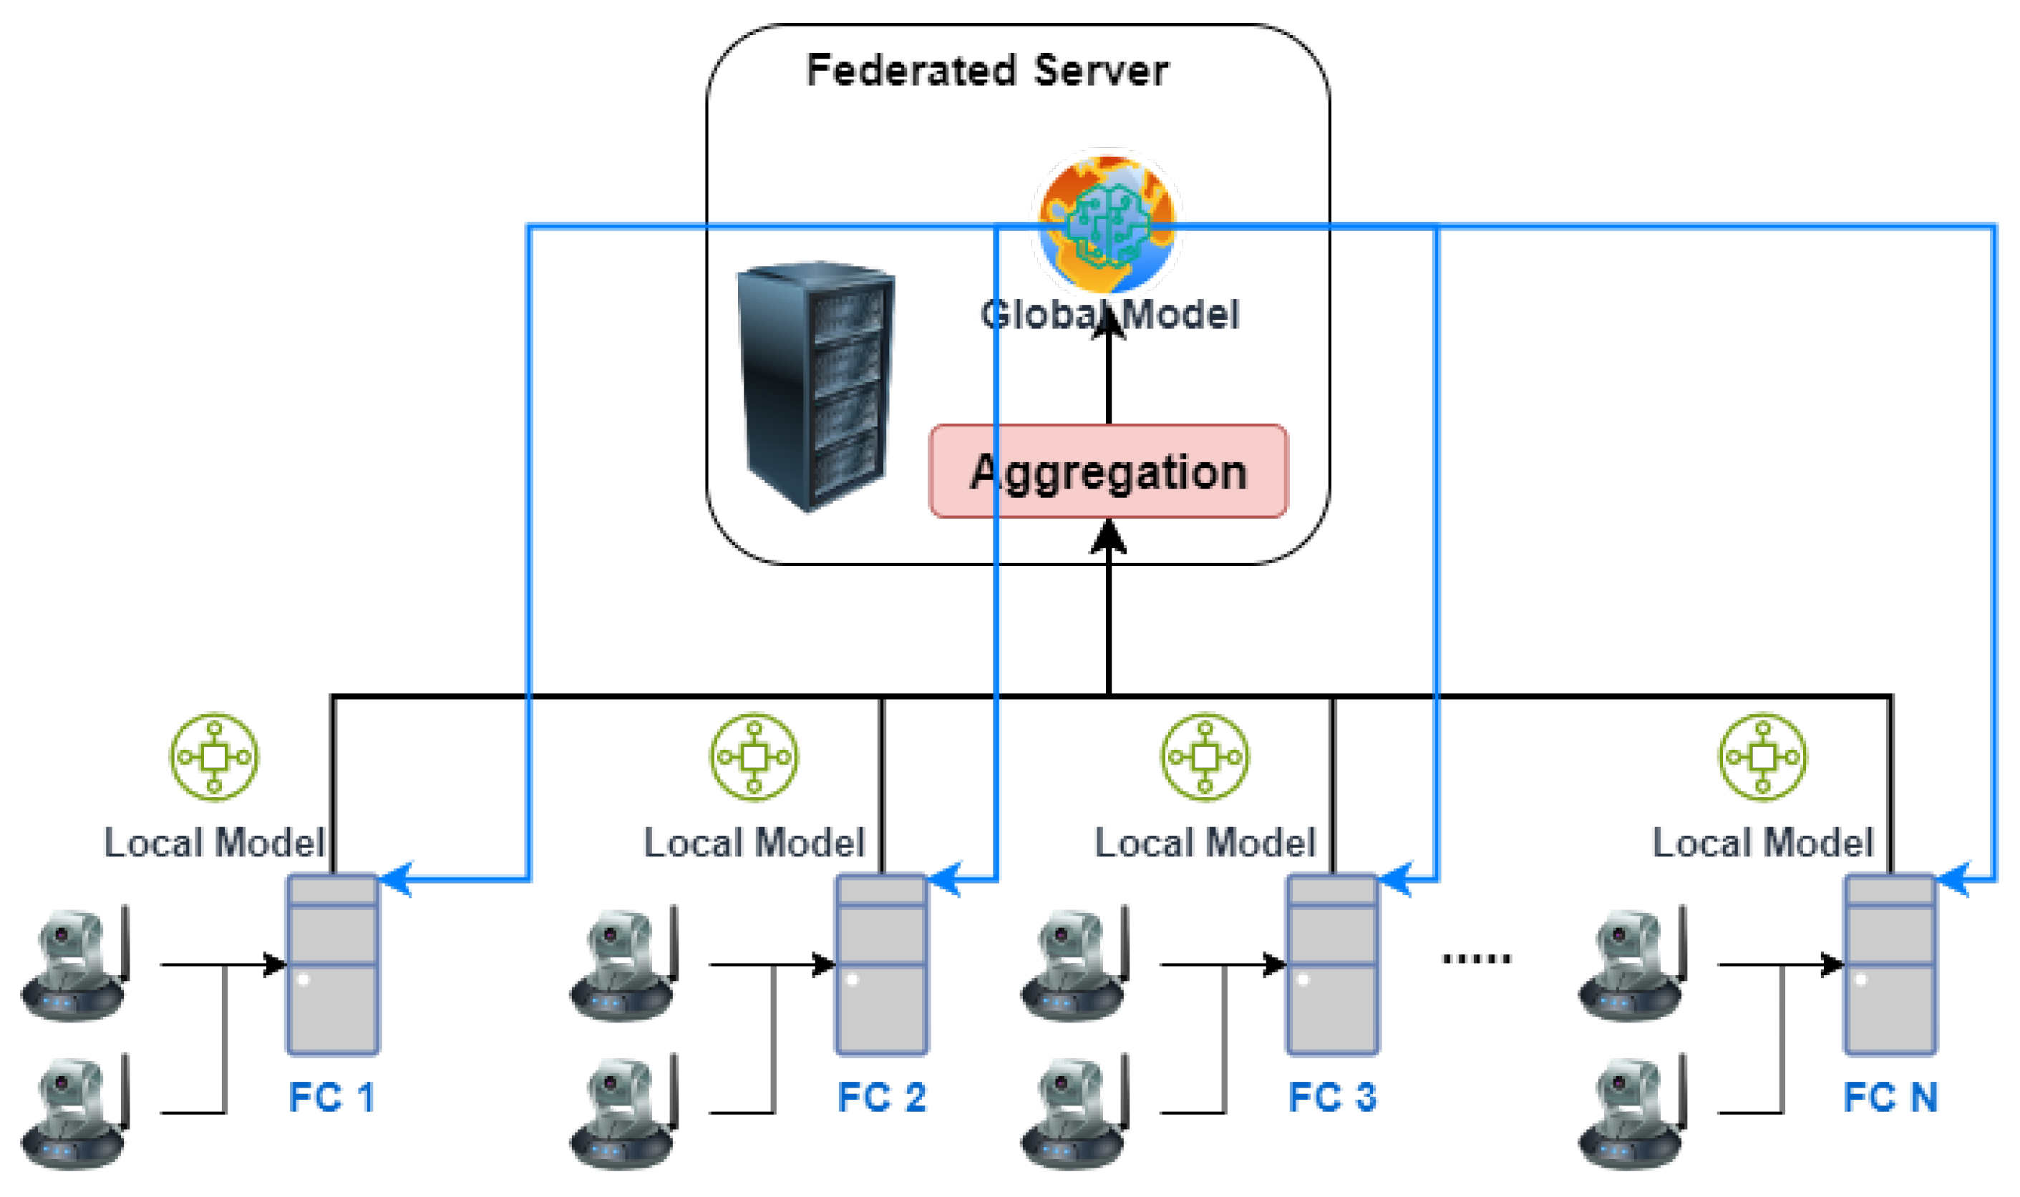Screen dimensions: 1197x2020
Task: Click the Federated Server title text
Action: tap(986, 71)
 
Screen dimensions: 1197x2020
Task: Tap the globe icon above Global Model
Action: tap(1107, 222)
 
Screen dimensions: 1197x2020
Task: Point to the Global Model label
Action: tap(1109, 315)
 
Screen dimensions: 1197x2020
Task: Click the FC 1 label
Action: tap(331, 1097)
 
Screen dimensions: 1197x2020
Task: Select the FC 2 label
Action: tap(881, 1097)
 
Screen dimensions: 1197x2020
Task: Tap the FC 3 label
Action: tap(1332, 1097)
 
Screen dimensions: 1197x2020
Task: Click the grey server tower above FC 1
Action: tap(332, 964)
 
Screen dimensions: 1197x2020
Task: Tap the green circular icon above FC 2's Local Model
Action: tap(754, 756)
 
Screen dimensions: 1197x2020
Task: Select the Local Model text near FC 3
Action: tap(1205, 844)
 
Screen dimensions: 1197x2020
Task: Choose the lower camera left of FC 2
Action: tap(623, 1113)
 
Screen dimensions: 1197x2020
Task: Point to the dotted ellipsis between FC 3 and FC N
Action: tap(1475, 958)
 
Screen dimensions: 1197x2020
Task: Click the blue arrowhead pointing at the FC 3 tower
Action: tap(1394, 879)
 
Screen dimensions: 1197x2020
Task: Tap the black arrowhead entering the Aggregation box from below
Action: tap(1108, 537)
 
